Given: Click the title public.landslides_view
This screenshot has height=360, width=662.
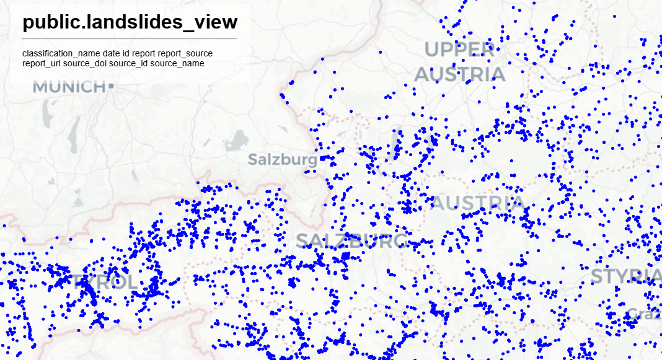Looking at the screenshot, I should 130,22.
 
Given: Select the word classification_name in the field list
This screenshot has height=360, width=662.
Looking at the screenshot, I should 62,54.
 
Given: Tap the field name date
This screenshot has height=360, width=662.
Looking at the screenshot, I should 112,54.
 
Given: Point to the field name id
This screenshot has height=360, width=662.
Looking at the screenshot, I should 126,54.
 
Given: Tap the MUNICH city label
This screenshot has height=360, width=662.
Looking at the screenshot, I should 69,87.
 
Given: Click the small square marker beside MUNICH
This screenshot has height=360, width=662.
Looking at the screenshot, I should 111,86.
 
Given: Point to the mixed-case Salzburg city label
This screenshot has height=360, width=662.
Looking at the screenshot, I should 282,159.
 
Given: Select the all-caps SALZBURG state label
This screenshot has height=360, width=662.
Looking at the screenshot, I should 351,240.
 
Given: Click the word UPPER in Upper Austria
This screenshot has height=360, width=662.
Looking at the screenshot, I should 459,50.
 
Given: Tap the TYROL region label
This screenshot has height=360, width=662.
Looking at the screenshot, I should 105,283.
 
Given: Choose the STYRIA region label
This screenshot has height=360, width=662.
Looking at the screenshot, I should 626,276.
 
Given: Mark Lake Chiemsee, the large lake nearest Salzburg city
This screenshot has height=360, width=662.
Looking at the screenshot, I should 235,141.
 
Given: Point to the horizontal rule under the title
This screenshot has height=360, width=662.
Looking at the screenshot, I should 130,38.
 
